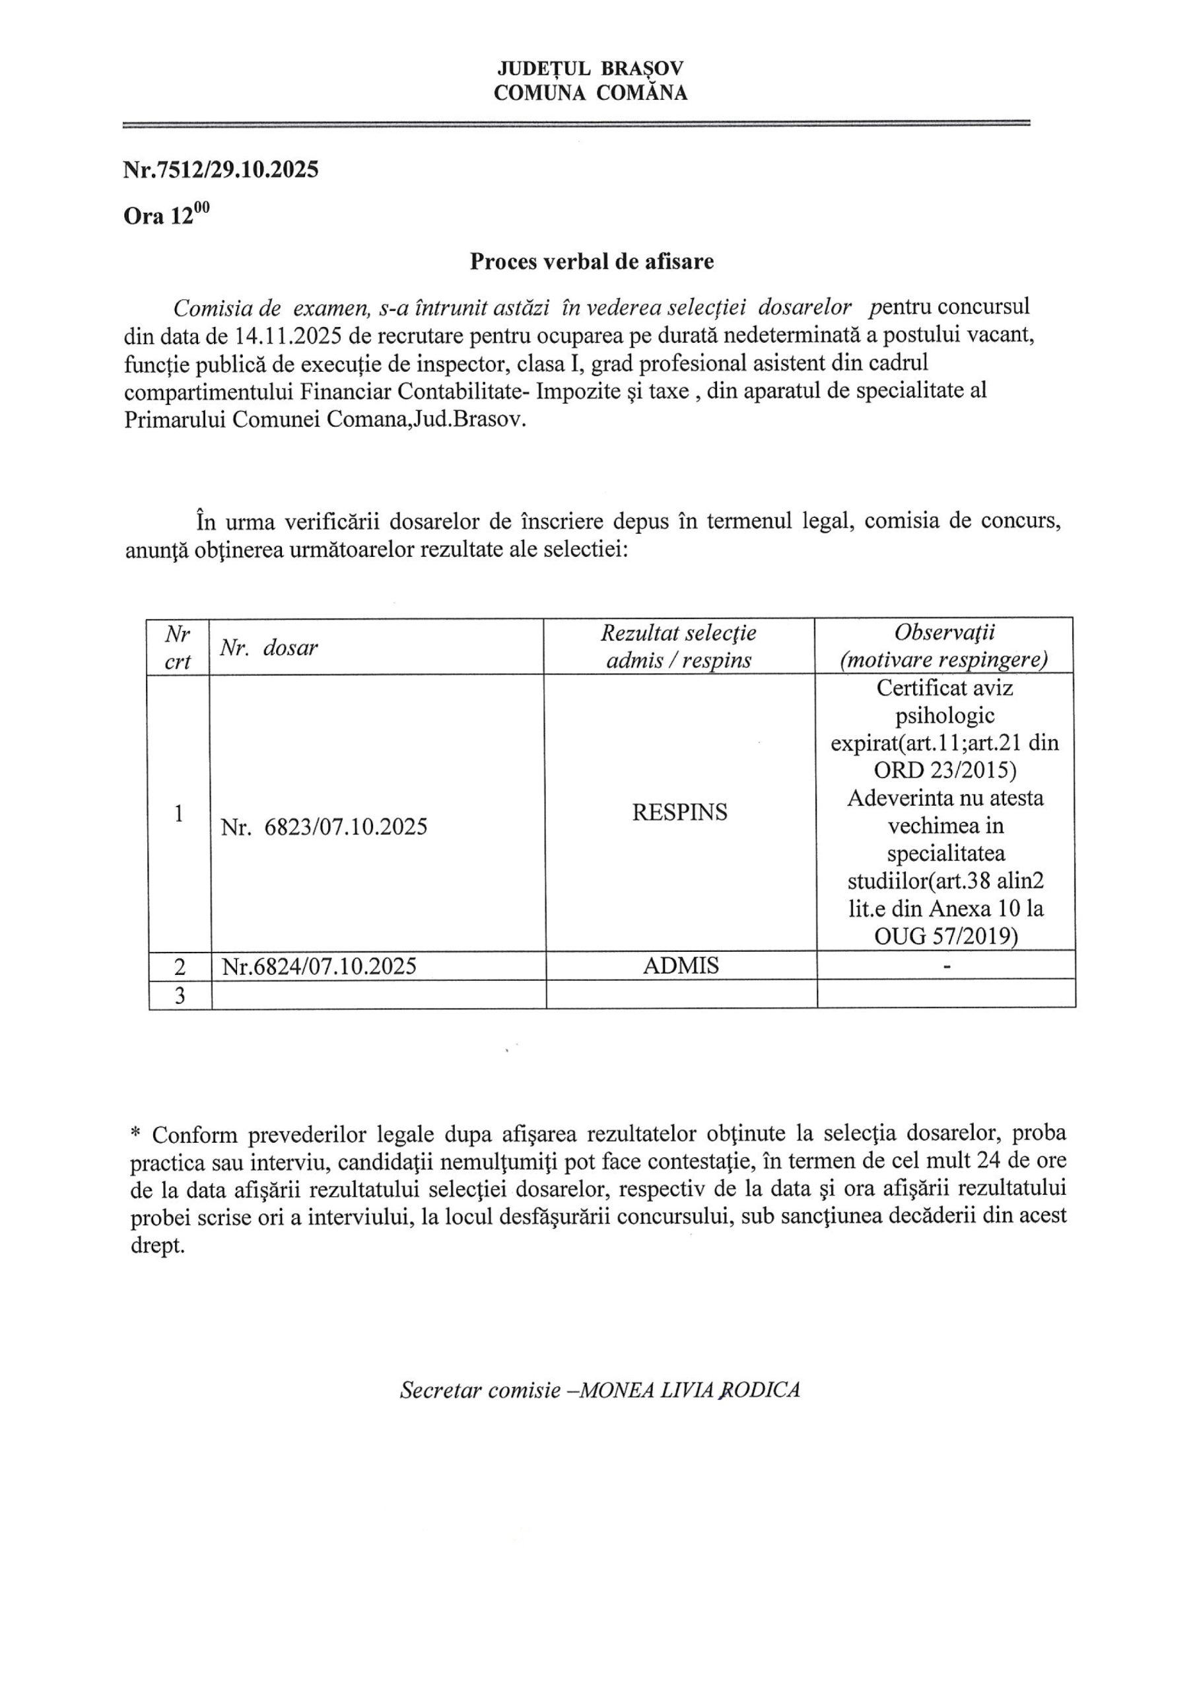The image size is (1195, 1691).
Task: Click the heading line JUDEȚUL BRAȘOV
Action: point(590,69)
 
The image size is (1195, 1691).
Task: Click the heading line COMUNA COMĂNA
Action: point(590,92)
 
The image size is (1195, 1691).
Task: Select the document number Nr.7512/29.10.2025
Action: point(221,170)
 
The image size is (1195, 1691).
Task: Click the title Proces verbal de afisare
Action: point(592,262)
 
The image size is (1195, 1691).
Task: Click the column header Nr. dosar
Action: point(269,648)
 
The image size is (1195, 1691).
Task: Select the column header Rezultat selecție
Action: point(678,633)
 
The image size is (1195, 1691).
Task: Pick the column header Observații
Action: point(944,633)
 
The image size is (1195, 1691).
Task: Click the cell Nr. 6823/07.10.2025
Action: point(324,827)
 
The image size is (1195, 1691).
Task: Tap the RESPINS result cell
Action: point(679,812)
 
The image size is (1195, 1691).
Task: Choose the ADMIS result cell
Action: point(680,966)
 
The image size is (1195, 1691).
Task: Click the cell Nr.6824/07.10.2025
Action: point(319,966)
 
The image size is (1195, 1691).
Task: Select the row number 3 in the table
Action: point(179,995)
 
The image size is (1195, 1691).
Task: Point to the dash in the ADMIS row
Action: point(947,966)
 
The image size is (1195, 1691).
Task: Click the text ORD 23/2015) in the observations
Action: point(945,770)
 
